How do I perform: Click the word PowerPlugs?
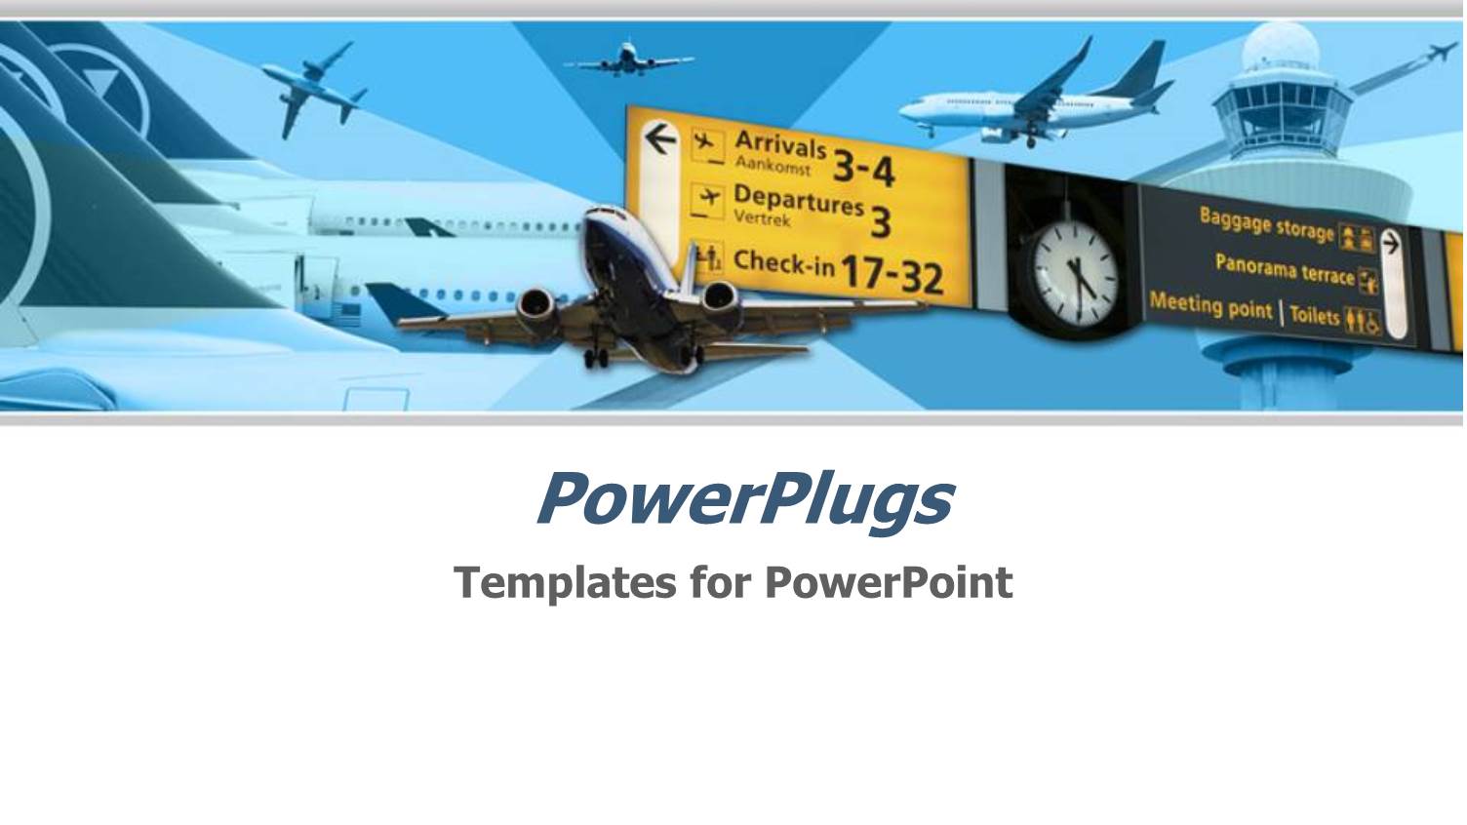[x=743, y=499]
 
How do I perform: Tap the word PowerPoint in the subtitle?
[x=888, y=582]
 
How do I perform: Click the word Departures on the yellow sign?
[x=798, y=201]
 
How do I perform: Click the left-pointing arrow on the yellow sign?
[x=661, y=139]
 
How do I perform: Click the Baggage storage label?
[x=1266, y=225]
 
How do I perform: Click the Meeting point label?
[x=1210, y=305]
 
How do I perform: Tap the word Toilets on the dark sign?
[x=1315, y=314]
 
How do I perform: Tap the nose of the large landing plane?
[x=606, y=218]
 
